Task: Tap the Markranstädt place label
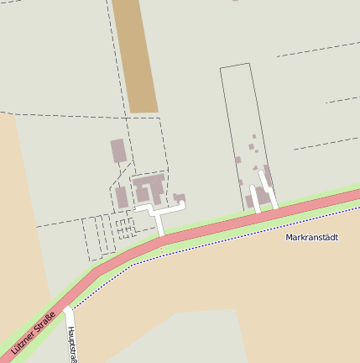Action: (311, 238)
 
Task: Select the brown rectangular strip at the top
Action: (134, 55)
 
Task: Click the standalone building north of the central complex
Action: (118, 151)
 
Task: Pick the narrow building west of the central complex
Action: (122, 197)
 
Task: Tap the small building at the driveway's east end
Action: (180, 198)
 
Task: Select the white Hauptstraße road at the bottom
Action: (69, 336)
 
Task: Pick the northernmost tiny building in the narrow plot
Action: (253, 135)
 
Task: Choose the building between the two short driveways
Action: (261, 197)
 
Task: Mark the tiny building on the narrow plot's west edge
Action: (238, 160)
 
